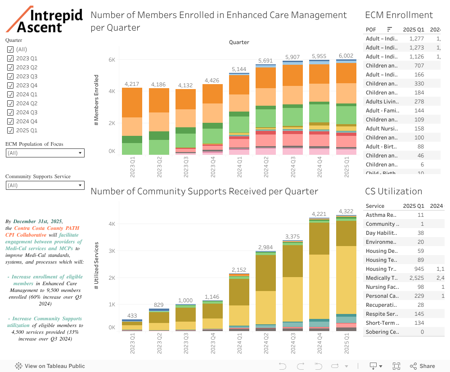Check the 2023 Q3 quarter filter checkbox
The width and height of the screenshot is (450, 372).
pos(10,76)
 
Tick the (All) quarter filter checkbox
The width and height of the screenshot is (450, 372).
pos(10,49)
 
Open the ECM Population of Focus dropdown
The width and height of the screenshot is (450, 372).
pos(45,153)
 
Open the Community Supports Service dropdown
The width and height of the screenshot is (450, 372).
pos(45,185)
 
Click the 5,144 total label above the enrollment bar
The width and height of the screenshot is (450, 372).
pos(239,69)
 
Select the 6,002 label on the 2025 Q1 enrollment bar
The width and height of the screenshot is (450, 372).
pos(346,56)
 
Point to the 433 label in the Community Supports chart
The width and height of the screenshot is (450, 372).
pos(132,316)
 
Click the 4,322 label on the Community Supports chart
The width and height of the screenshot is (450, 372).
pos(346,211)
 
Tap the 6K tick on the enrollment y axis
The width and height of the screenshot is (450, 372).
pos(112,60)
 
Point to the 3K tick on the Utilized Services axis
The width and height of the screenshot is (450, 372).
pos(112,251)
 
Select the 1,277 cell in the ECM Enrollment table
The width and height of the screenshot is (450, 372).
pos(417,39)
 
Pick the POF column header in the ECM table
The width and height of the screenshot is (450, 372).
pos(371,30)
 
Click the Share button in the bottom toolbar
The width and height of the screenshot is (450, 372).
pos(422,366)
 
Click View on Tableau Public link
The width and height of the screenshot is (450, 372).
pos(50,366)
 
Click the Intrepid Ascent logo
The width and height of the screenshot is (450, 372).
pos(45,19)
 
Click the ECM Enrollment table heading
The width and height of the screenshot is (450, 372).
pos(399,15)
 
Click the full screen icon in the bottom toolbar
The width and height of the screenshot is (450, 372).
pos(396,366)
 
